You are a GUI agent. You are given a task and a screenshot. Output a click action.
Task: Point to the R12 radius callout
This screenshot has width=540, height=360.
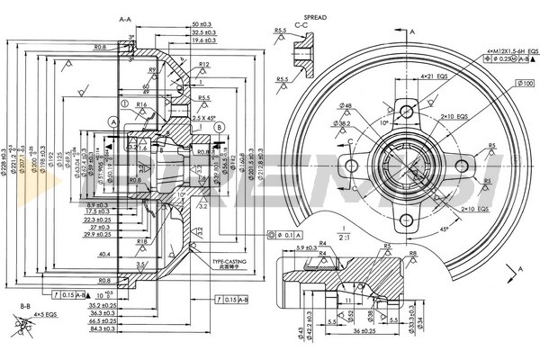[204, 65]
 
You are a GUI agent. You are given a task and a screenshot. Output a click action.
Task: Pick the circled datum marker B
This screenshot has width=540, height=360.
[219, 128]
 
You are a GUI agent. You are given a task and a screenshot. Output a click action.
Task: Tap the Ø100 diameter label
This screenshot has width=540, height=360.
[525, 84]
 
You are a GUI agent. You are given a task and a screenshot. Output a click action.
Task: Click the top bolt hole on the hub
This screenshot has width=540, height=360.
[407, 112]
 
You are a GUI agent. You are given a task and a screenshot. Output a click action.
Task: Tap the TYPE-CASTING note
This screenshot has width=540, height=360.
[231, 263]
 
